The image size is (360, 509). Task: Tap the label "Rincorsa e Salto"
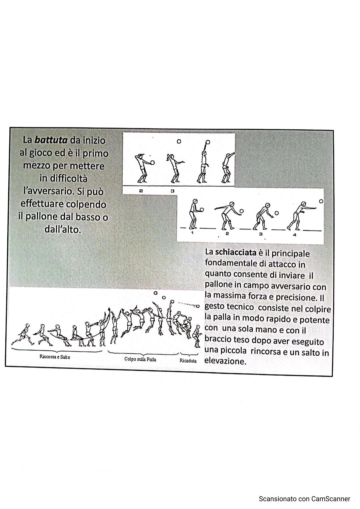point(55,357)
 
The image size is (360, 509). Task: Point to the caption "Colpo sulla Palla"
point(140,359)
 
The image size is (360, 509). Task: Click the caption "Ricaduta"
point(188,361)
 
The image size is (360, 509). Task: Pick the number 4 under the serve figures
point(294,235)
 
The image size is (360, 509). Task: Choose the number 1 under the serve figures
point(192,233)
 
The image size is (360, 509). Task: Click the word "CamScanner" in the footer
point(331,499)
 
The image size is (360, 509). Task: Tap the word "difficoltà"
point(63,179)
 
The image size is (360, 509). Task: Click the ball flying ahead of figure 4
point(321,202)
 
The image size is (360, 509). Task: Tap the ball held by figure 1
point(202,210)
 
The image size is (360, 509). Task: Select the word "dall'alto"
point(63,230)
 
